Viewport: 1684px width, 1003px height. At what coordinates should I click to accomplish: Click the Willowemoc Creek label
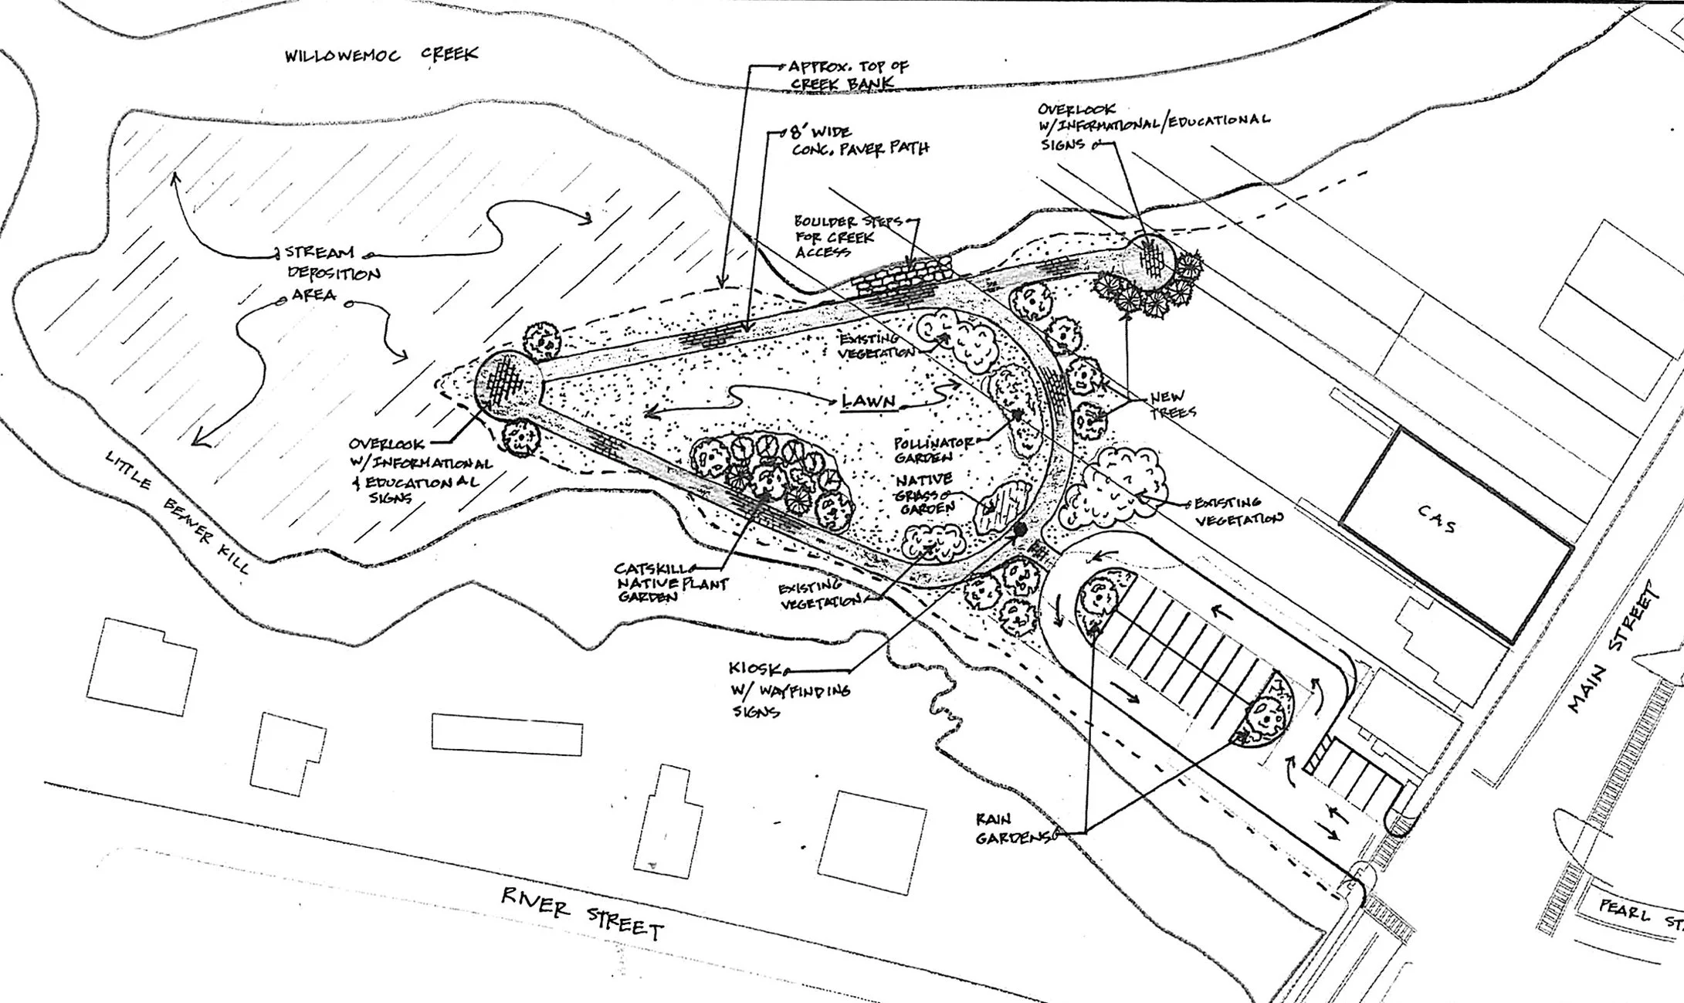(381, 55)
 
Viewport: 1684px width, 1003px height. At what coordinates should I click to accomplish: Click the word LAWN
(869, 401)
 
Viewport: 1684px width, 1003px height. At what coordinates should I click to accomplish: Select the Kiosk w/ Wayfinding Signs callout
(788, 690)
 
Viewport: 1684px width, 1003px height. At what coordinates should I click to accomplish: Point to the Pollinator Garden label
(933, 450)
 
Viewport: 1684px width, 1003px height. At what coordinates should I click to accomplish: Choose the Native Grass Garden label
(924, 493)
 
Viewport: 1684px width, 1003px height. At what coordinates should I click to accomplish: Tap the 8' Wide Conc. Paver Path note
(857, 140)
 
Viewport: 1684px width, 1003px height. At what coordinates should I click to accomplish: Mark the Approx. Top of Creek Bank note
(846, 74)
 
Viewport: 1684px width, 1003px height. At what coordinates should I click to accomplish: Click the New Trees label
(1171, 405)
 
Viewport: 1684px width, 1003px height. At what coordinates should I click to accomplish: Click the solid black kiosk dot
(1019, 529)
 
